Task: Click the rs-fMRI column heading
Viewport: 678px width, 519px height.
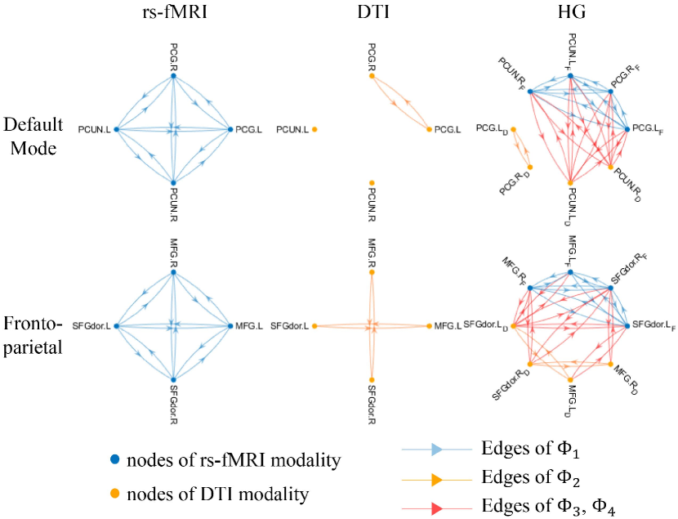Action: pyautogui.click(x=173, y=15)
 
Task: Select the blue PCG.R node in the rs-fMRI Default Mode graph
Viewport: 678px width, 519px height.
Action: pyautogui.click(x=174, y=75)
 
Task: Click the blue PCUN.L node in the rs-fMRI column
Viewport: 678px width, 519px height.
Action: pyautogui.click(x=116, y=129)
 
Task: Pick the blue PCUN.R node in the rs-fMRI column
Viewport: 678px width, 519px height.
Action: pyautogui.click(x=174, y=182)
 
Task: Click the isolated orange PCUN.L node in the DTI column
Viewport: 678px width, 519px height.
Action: pyautogui.click(x=314, y=129)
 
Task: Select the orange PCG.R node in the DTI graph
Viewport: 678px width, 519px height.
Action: pyautogui.click(x=372, y=76)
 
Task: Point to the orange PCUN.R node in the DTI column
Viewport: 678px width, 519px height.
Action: pyautogui.click(x=372, y=182)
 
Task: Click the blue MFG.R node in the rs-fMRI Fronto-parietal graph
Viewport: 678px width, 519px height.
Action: pyautogui.click(x=174, y=273)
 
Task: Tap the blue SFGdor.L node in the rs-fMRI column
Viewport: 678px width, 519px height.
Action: pyautogui.click(x=116, y=326)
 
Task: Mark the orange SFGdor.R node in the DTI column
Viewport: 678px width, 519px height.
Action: pyautogui.click(x=372, y=379)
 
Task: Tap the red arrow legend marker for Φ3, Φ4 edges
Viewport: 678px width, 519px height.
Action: pyautogui.click(x=436, y=508)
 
